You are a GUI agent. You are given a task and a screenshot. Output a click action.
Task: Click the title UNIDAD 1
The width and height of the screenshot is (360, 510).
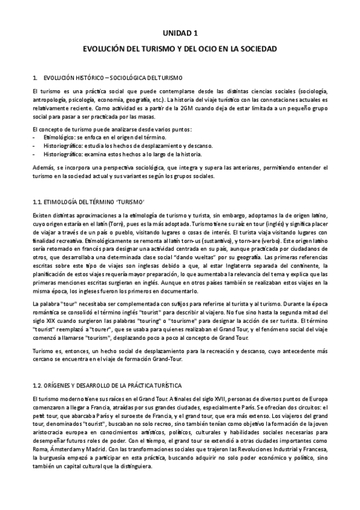point(180,34)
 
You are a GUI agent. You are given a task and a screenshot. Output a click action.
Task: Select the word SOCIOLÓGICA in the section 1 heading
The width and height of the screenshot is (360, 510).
point(123,78)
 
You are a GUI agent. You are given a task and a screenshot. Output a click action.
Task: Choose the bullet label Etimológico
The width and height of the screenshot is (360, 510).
point(59,137)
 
